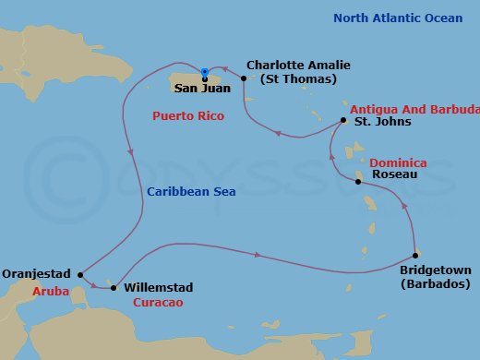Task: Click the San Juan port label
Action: coord(203,90)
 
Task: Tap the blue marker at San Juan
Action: coord(204,73)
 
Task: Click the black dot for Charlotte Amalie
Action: coord(244,78)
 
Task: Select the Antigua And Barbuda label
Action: coord(411,111)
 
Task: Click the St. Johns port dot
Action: coord(343,121)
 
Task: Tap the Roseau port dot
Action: coord(358,182)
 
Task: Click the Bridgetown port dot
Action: coord(416,256)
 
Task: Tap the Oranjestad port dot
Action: coord(81,273)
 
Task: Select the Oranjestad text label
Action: coord(37,274)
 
